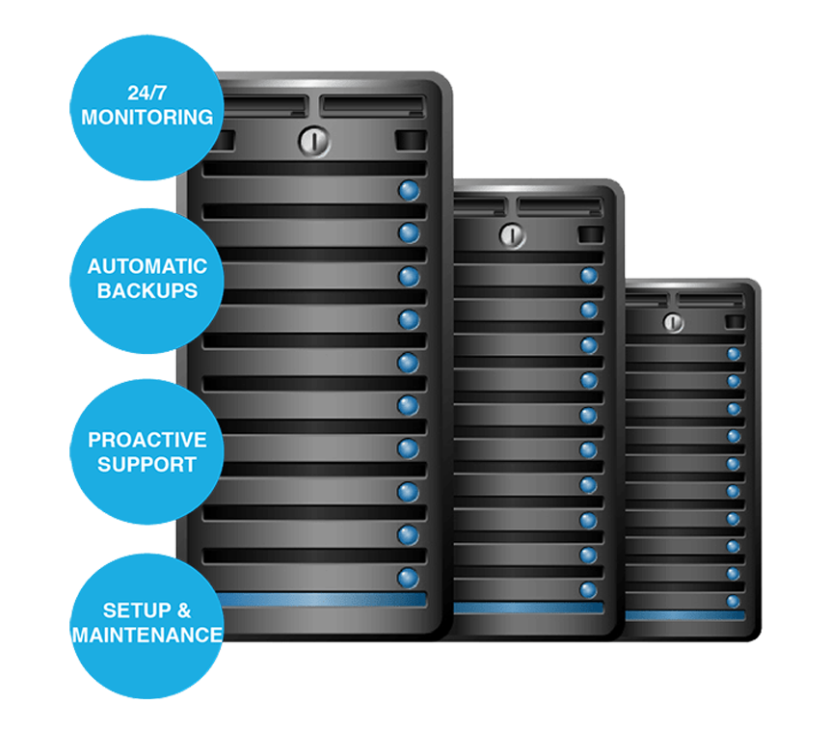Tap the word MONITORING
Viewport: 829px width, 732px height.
click(x=147, y=118)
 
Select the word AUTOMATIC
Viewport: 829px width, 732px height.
click(x=147, y=266)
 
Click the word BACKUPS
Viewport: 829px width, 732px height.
click(x=147, y=290)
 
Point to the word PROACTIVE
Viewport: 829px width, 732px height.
click(x=147, y=440)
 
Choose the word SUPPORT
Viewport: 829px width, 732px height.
click(x=147, y=464)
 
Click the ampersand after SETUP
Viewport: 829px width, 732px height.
click(x=184, y=610)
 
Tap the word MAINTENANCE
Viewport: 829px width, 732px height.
click(x=147, y=636)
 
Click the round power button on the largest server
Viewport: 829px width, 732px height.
click(x=313, y=141)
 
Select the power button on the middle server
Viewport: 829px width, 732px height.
click(x=511, y=234)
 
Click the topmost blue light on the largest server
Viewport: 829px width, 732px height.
click(x=409, y=189)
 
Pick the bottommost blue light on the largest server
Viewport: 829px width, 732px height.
click(x=409, y=577)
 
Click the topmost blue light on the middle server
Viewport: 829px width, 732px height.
click(x=589, y=276)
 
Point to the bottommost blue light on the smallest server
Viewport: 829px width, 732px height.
click(x=734, y=602)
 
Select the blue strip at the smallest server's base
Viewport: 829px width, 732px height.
click(x=684, y=615)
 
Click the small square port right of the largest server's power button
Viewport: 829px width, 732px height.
click(x=410, y=141)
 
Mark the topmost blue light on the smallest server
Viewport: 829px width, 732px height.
click(x=734, y=354)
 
